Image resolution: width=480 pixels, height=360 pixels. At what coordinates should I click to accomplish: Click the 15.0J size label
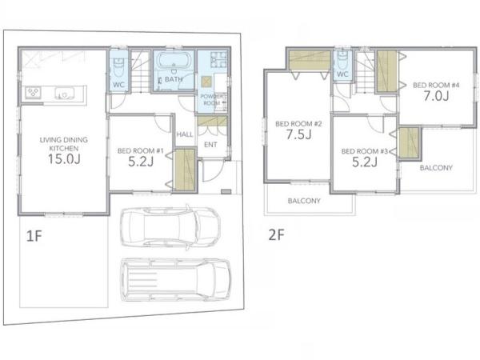[x=64, y=159]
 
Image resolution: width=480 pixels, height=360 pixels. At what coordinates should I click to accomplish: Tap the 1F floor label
[x=34, y=236]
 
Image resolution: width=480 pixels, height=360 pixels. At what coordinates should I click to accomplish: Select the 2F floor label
[x=277, y=235]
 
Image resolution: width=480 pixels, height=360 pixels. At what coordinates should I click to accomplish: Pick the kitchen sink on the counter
[x=64, y=93]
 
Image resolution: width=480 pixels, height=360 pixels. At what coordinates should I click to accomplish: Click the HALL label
[x=185, y=134]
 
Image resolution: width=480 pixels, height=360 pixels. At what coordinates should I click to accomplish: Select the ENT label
[x=210, y=145]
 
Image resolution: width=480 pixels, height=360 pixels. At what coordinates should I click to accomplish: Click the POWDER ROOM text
[x=212, y=100]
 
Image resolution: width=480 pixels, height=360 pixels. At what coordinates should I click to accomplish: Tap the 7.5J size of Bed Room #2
[x=298, y=134]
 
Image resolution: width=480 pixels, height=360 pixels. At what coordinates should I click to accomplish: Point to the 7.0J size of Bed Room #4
[x=436, y=96]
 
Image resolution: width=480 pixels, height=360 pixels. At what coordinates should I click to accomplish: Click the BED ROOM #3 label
[x=365, y=151]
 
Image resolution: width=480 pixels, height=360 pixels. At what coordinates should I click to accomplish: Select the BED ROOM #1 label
[x=141, y=150]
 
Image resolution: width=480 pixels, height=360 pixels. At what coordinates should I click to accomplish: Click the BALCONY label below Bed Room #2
[x=304, y=201]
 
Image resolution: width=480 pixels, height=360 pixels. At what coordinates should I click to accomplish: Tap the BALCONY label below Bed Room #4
[x=436, y=168]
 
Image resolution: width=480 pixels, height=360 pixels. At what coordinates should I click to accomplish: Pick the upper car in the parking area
[x=170, y=227]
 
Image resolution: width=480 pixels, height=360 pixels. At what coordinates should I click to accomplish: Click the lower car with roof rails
[x=175, y=279]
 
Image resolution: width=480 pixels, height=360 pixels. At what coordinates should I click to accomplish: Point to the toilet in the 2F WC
[x=342, y=60]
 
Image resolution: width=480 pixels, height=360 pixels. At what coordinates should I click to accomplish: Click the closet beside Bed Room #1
[x=185, y=170]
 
